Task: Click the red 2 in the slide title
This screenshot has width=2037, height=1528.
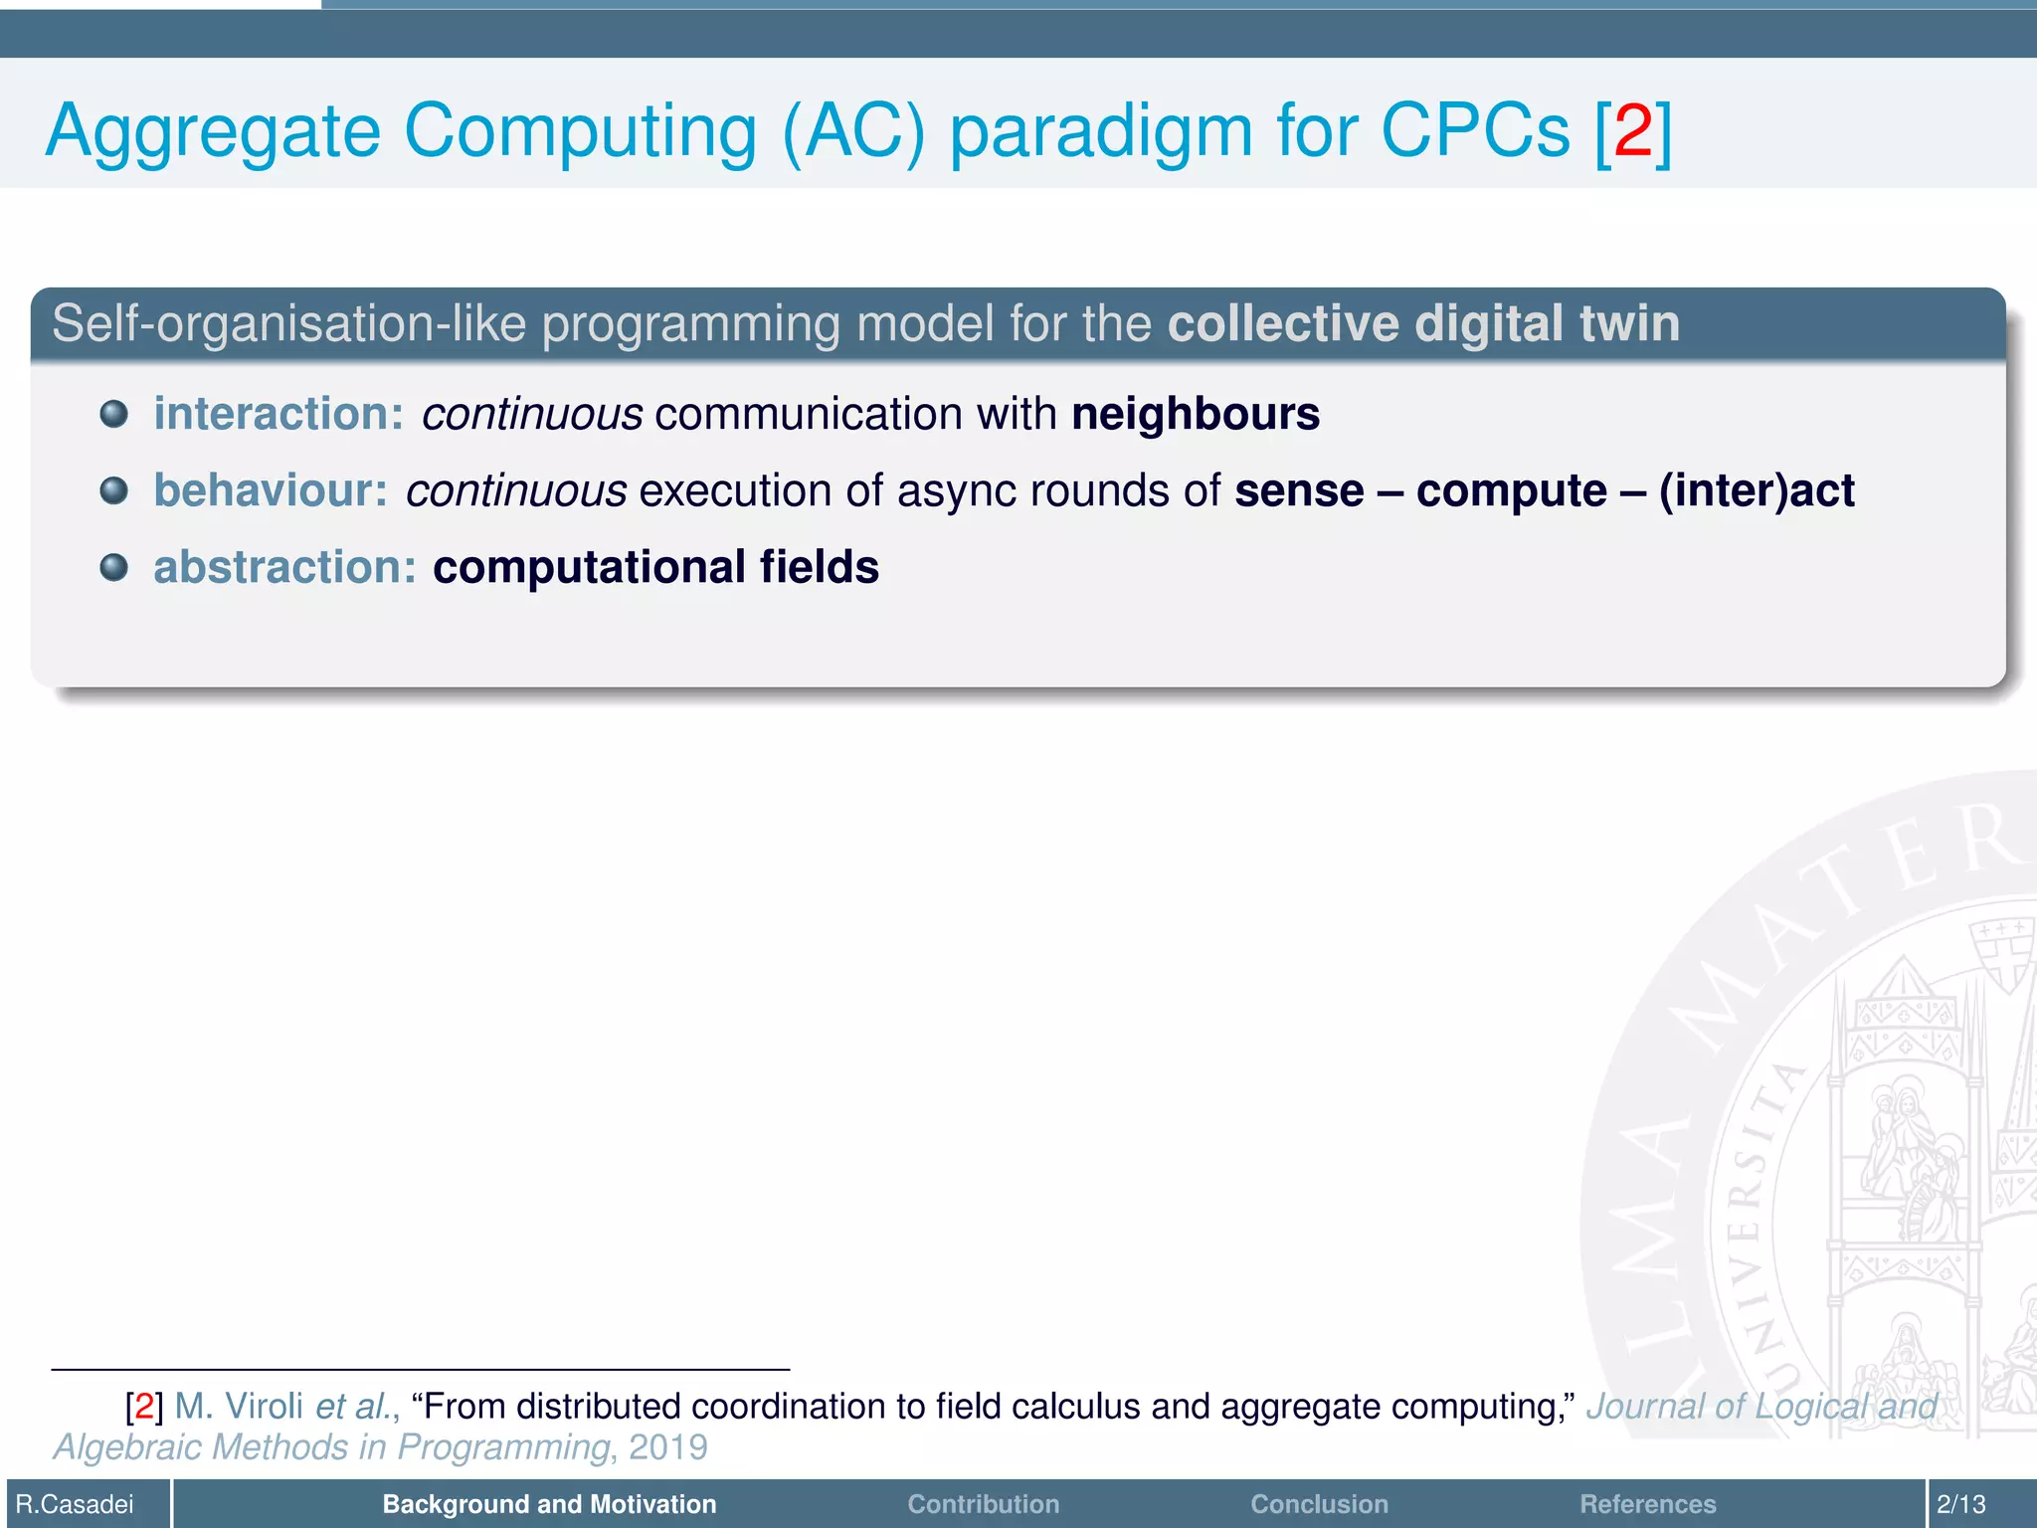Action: pyautogui.click(x=1633, y=130)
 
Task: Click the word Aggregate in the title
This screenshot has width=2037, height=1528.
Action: pyautogui.click(x=213, y=132)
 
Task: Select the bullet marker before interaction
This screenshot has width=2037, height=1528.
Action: pyautogui.click(x=114, y=414)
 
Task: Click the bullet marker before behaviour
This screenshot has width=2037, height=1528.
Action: pyautogui.click(x=114, y=490)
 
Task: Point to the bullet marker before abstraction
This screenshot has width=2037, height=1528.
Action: pyautogui.click(x=114, y=567)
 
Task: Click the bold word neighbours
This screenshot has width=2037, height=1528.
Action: pyautogui.click(x=1196, y=414)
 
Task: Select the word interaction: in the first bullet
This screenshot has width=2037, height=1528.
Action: pyautogui.click(x=278, y=414)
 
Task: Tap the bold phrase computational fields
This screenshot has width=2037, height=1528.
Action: pyautogui.click(x=655, y=567)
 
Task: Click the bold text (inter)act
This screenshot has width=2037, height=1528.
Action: pyautogui.click(x=1757, y=490)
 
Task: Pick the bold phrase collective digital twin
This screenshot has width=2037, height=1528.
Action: pyautogui.click(x=1423, y=323)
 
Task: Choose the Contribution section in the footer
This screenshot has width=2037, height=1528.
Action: pyautogui.click(x=983, y=1504)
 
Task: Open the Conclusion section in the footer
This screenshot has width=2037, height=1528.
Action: pyautogui.click(x=1319, y=1504)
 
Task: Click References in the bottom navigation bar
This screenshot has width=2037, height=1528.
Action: pyautogui.click(x=1647, y=1504)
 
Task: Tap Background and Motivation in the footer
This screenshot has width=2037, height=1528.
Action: pyautogui.click(x=549, y=1504)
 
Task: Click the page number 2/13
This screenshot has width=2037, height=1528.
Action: pyautogui.click(x=1960, y=1504)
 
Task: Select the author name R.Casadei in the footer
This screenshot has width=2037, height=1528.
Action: pyautogui.click(x=75, y=1504)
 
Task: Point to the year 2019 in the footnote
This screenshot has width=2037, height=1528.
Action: pyautogui.click(x=667, y=1447)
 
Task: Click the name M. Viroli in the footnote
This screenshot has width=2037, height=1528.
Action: pyautogui.click(x=239, y=1407)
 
